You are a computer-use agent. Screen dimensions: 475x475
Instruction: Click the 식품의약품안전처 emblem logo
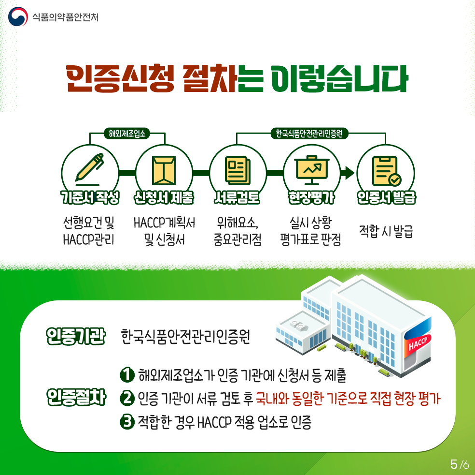[x=18, y=16]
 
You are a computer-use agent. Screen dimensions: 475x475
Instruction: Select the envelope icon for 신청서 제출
[x=164, y=170]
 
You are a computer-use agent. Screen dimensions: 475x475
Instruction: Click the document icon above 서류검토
[x=238, y=170]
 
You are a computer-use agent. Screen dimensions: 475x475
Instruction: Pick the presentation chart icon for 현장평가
[x=312, y=170]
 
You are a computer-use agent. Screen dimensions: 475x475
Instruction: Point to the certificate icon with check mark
[x=387, y=171]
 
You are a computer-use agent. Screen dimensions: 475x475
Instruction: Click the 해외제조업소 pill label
[x=127, y=133]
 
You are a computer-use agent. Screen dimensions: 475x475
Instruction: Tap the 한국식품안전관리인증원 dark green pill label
[x=308, y=133]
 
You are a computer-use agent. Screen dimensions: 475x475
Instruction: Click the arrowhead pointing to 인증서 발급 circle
[x=349, y=173]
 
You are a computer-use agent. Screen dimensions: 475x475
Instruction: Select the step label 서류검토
[x=237, y=197]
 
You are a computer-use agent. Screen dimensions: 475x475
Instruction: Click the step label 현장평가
[x=311, y=197]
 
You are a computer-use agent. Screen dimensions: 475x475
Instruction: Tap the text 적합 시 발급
[x=386, y=231]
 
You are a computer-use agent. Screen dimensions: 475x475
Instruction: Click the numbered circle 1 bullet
[x=127, y=374]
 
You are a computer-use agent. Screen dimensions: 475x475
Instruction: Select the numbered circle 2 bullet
[x=127, y=398]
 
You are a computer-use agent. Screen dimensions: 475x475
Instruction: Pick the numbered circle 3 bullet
[x=127, y=421]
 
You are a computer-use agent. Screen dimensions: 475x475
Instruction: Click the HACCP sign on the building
[x=418, y=343]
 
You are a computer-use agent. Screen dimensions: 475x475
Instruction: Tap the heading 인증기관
[x=76, y=336]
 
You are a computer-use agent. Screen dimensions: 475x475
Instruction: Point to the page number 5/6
[x=460, y=464]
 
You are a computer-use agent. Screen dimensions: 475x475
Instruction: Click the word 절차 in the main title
[x=210, y=78]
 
